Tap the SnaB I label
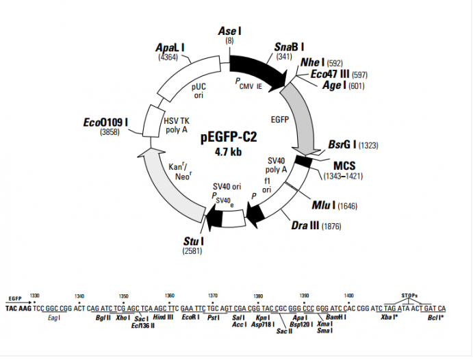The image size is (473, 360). tap(289, 47)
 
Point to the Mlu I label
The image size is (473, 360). tap(324, 205)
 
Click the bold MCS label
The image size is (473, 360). tap(344, 165)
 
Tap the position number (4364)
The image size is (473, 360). tap(168, 57)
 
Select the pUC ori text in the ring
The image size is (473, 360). tap(198, 91)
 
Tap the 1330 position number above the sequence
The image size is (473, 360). tap(36, 296)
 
